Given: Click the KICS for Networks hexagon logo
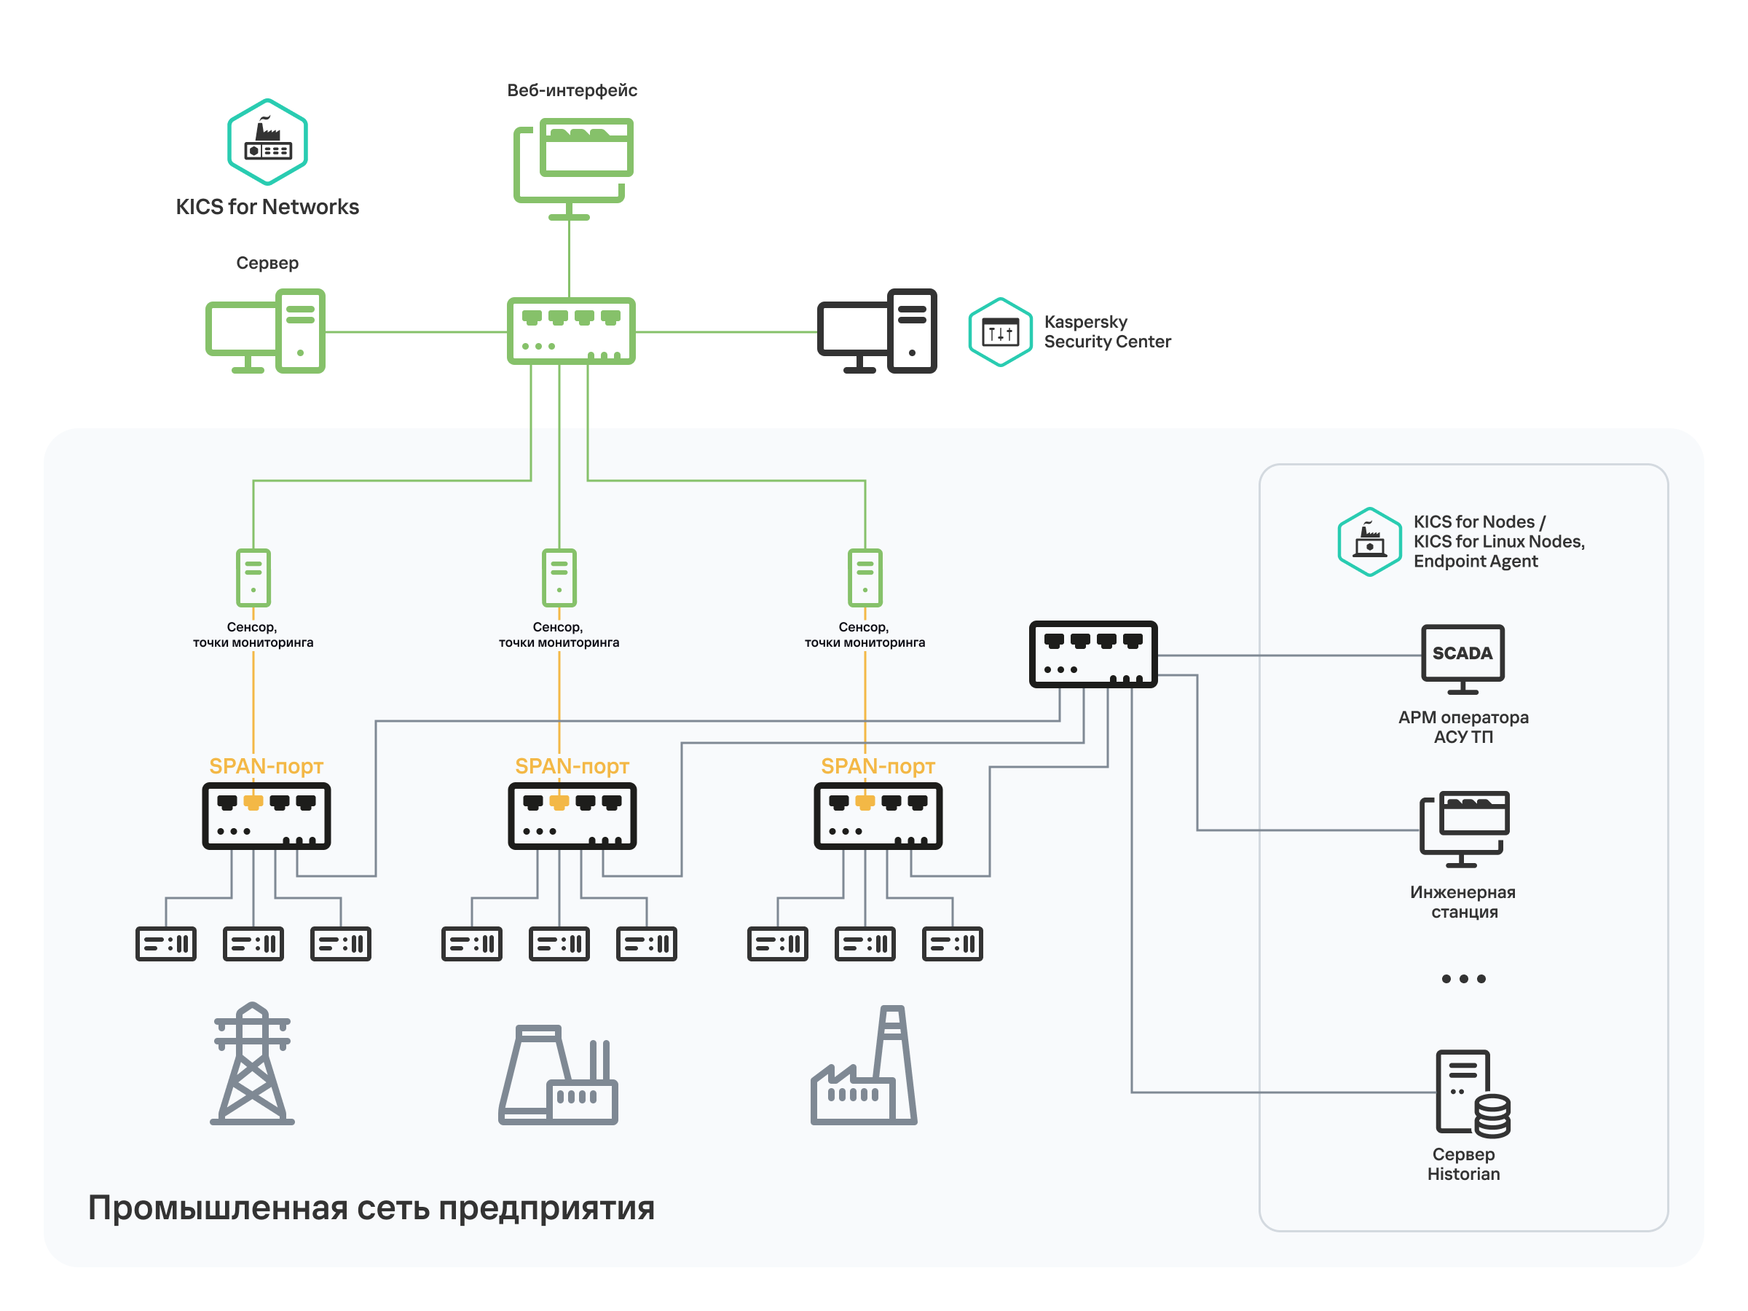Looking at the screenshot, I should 267,141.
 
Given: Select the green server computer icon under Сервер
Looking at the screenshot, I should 266,331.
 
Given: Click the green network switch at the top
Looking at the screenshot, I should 570,331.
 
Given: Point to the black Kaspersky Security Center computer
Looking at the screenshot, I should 876,331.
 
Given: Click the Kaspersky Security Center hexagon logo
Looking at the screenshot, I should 1000,332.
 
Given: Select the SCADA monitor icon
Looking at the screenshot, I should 1462,659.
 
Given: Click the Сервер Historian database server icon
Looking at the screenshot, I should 1471,1094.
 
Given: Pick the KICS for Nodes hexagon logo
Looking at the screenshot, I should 1369,541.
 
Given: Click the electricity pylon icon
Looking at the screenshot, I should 252,1063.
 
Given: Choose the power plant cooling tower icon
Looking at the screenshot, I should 558,1075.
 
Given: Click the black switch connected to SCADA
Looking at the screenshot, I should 1093,654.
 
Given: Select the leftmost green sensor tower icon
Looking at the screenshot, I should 253,577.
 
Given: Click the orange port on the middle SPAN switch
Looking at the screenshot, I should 559,803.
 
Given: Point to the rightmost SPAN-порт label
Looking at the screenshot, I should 877,765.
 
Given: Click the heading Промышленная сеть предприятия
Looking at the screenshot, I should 371,1208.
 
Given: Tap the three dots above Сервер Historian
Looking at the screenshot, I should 1462,979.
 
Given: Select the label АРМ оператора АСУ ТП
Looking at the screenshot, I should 1462,727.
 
